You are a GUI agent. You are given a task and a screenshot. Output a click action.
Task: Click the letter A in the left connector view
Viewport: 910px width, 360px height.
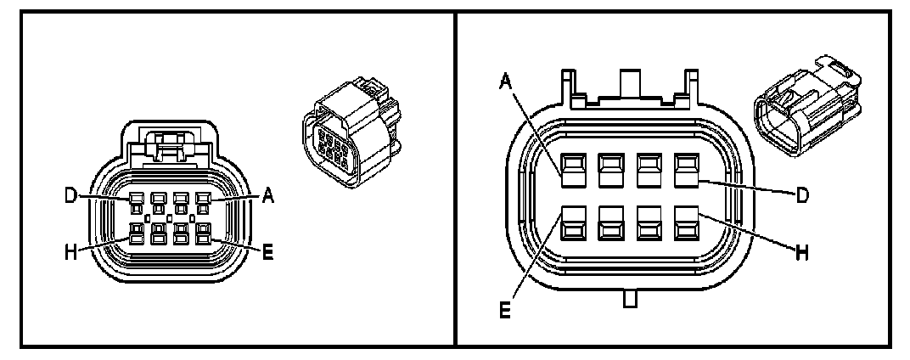pyautogui.click(x=267, y=196)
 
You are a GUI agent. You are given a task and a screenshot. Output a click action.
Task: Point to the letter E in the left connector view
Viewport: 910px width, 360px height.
pyautogui.click(x=267, y=252)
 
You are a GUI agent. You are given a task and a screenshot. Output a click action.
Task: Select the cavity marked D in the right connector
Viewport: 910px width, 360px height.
pyautogui.click(x=686, y=169)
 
